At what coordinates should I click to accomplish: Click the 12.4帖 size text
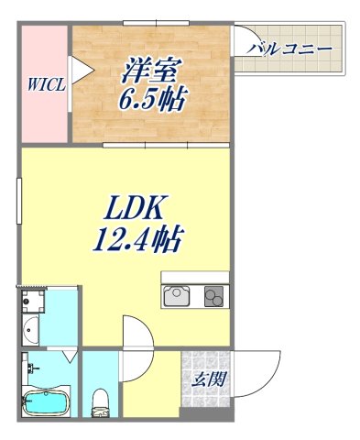coord(137,241)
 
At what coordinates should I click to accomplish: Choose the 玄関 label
coord(205,379)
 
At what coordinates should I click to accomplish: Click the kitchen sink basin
coord(176,297)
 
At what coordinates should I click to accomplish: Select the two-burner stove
coord(213,297)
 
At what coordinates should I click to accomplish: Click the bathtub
coord(45,400)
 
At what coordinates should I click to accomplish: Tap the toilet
coord(102,398)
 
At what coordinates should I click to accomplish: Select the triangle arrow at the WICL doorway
coord(80,69)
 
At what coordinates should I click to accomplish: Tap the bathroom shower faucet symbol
coord(32,368)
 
